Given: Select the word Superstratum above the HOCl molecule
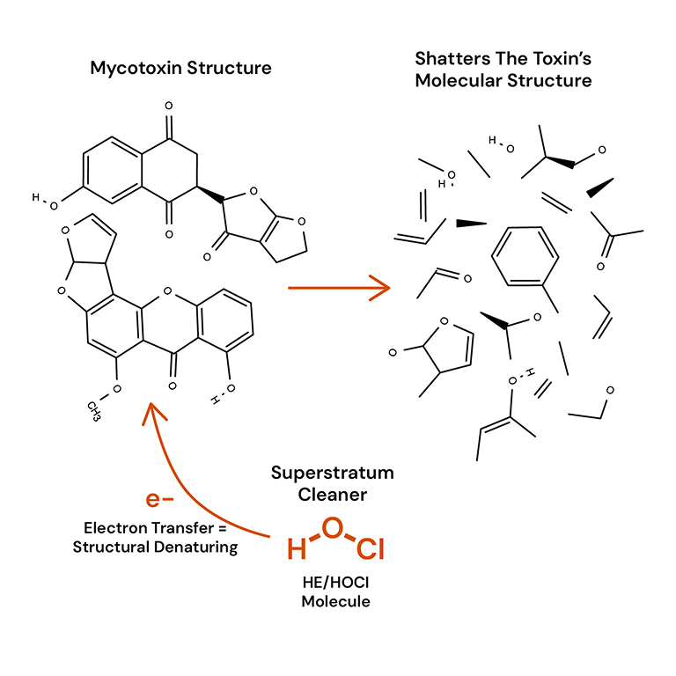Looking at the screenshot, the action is pos(333,473).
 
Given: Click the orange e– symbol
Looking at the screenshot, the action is pos(159,499).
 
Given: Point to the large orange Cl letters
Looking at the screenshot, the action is pos(371,549).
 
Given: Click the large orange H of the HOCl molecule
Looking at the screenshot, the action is pos(297,549).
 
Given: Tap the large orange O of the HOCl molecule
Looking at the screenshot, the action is pos(333,528).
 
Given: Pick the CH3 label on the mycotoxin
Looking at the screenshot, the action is pos(94,411).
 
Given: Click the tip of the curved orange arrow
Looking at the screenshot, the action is pos(151,403).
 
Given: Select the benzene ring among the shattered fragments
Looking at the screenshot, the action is pos(525,256).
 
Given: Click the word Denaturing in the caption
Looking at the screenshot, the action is pos(196,547).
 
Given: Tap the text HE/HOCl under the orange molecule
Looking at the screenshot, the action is pos(336,583).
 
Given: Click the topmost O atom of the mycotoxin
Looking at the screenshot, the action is pos(169,106).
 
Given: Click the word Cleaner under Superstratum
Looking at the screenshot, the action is pos(333,495).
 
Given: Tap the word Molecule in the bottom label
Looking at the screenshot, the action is pos(336,601).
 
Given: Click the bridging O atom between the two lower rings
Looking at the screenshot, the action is pos(168,291).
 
